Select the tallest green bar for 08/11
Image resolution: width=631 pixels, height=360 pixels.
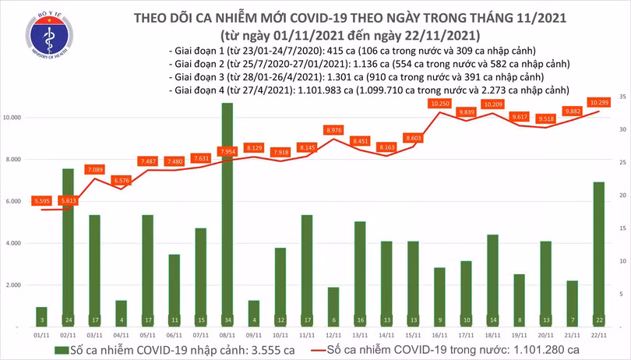(x=227, y=210)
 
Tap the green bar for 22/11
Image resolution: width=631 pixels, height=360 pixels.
(x=598, y=249)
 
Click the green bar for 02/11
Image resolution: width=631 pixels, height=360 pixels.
(x=68, y=242)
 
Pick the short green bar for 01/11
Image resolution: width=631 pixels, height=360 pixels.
(x=41, y=316)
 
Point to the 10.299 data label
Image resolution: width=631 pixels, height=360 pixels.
(x=599, y=103)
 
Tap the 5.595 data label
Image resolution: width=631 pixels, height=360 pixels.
(x=41, y=201)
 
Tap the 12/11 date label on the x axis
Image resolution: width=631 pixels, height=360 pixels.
(x=333, y=334)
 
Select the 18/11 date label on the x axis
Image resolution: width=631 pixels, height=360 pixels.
(x=492, y=334)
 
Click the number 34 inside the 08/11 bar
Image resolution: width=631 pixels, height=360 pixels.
(x=227, y=319)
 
